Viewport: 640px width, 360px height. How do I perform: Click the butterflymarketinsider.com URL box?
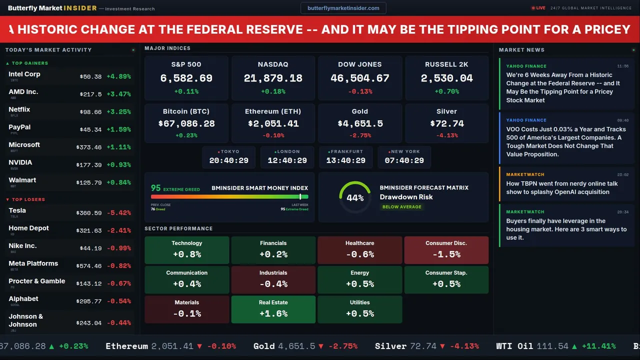tap(343, 8)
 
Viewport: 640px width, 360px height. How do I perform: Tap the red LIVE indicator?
tap(539, 8)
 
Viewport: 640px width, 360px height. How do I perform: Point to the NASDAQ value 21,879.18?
tap(273, 78)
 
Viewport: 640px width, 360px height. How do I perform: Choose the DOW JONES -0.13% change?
tap(360, 91)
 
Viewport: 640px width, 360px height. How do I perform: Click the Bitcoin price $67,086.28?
tap(186, 123)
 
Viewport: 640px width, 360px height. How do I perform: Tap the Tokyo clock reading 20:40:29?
tap(229, 160)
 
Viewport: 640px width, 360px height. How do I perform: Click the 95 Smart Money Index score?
tap(156, 188)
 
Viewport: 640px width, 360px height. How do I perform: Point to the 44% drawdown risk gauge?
tap(355, 197)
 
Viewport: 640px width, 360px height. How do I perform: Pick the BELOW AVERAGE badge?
tap(401, 206)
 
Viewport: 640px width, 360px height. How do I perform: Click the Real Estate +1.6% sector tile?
tap(273, 309)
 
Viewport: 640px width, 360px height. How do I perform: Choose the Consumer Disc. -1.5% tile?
tap(446, 250)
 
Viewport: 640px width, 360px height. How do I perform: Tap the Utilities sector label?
tap(359, 302)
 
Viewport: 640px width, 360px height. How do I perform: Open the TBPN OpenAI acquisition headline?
tap(562, 187)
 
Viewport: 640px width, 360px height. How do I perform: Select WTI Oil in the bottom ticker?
tap(514, 346)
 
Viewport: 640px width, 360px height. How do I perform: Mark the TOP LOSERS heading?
tap(28, 199)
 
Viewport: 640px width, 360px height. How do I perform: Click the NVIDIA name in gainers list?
tap(20, 162)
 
